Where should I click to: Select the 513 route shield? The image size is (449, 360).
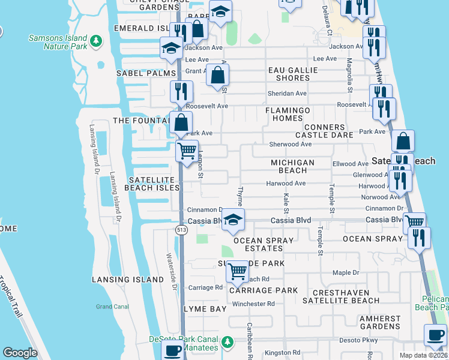181,230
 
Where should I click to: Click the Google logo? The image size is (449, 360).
20,353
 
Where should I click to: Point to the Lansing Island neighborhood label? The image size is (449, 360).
128,280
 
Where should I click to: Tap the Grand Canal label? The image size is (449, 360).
112,307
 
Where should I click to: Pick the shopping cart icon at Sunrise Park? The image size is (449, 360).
238,271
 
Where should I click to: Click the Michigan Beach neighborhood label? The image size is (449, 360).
292,167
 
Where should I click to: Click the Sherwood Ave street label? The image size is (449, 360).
291,145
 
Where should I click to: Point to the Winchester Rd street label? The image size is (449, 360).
253,304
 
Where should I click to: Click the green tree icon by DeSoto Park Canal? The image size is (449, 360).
227,342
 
